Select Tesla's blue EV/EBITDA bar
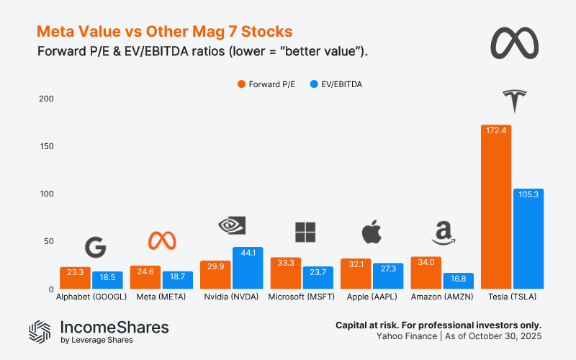pos(528,238)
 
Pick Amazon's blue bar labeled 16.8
pos(458,281)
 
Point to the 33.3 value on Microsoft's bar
pos(285,262)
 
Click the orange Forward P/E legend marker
pos(242,84)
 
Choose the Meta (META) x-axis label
pos(161,297)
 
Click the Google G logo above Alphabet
pos(95,247)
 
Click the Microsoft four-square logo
pos(305,233)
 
